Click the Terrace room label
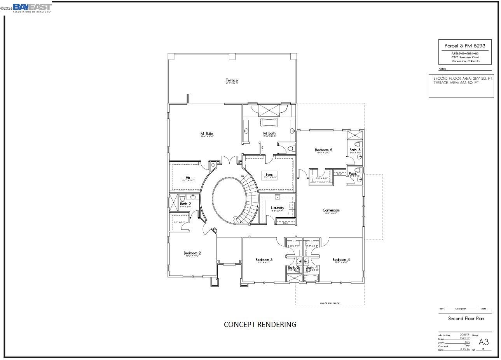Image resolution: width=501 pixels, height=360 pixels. (x=232, y=80)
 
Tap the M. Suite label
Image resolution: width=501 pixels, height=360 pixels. (x=206, y=134)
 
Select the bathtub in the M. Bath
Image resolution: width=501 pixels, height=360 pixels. (x=269, y=123)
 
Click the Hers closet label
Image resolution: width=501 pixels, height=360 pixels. (x=269, y=175)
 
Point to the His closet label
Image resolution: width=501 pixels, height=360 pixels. (x=188, y=178)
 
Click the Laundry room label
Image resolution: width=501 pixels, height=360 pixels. (x=278, y=208)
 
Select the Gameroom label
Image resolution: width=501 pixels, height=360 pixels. (x=331, y=210)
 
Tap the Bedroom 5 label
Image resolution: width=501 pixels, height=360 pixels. (x=323, y=150)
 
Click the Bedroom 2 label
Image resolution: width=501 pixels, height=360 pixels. (x=192, y=253)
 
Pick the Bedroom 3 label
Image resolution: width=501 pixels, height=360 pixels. (x=264, y=260)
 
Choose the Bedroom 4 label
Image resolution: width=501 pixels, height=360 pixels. (x=341, y=260)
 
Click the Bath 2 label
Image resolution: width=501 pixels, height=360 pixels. (x=185, y=204)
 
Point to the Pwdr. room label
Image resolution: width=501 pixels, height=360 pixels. (x=352, y=174)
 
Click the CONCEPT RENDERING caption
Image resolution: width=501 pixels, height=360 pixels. (x=260, y=324)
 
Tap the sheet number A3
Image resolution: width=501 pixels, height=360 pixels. (x=483, y=342)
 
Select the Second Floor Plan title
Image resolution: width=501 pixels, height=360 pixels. (x=466, y=318)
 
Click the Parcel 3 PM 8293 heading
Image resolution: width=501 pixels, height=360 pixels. (x=465, y=46)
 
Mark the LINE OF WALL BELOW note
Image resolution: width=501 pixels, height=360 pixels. (x=330, y=303)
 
